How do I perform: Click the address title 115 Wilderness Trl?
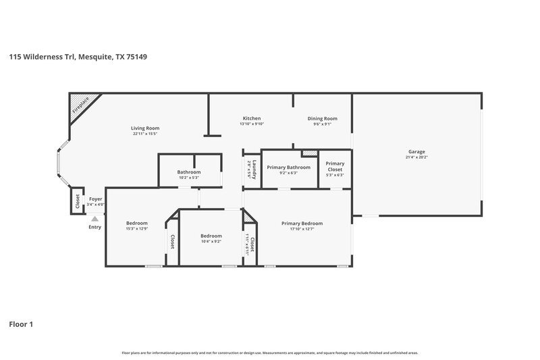click(78, 57)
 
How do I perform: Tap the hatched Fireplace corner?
click(81, 107)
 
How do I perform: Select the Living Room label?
click(144, 128)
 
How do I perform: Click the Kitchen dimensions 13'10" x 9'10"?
click(251, 124)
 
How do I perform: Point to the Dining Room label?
click(322, 118)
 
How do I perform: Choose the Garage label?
click(416, 151)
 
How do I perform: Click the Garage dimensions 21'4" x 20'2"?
click(416, 157)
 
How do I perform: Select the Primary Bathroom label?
click(288, 167)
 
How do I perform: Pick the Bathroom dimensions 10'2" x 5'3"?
click(189, 178)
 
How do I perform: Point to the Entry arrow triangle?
click(94, 218)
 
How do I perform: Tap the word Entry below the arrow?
click(94, 227)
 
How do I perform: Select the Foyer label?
click(95, 199)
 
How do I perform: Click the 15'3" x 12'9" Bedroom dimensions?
click(136, 229)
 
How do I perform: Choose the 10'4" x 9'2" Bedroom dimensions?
click(211, 241)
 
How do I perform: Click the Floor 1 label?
click(21, 324)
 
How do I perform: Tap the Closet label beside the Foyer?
click(77, 200)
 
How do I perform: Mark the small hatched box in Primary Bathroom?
click(309, 154)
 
